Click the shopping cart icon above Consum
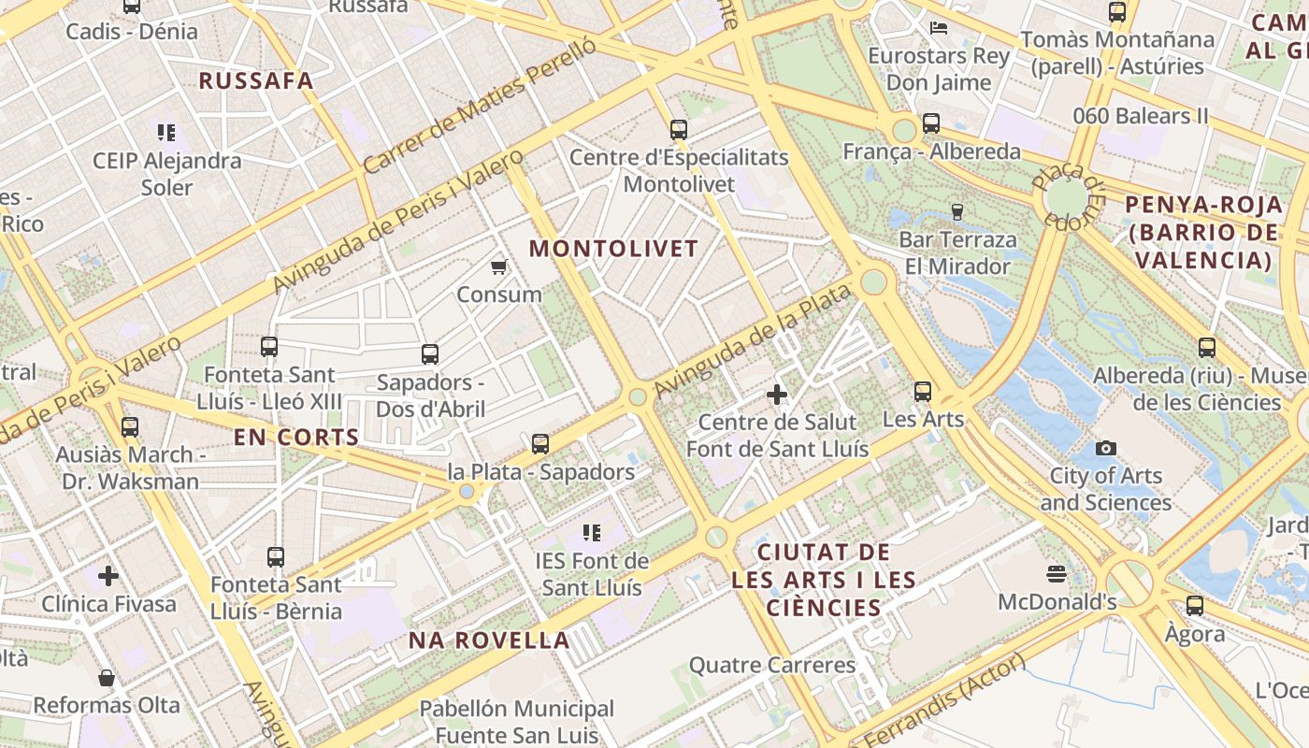tap(499, 267)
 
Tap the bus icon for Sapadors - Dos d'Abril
tap(430, 354)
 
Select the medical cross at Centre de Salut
tap(777, 395)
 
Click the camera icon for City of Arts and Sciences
tap(1106, 449)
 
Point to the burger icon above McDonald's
tap(1057, 573)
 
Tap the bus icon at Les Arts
tap(923, 392)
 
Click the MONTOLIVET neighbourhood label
tap(614, 249)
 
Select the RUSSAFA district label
tap(256, 80)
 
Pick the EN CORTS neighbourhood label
tap(296, 437)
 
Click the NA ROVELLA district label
tap(489, 640)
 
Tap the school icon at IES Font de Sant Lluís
tap(591, 533)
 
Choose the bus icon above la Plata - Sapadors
tap(540, 444)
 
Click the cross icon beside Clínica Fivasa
tap(108, 576)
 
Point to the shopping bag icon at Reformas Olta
tap(107, 677)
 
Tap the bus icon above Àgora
tap(1195, 606)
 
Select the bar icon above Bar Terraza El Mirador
tap(957, 211)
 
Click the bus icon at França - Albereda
tap(930, 122)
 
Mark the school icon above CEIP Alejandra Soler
tap(166, 133)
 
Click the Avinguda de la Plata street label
tap(753, 341)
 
